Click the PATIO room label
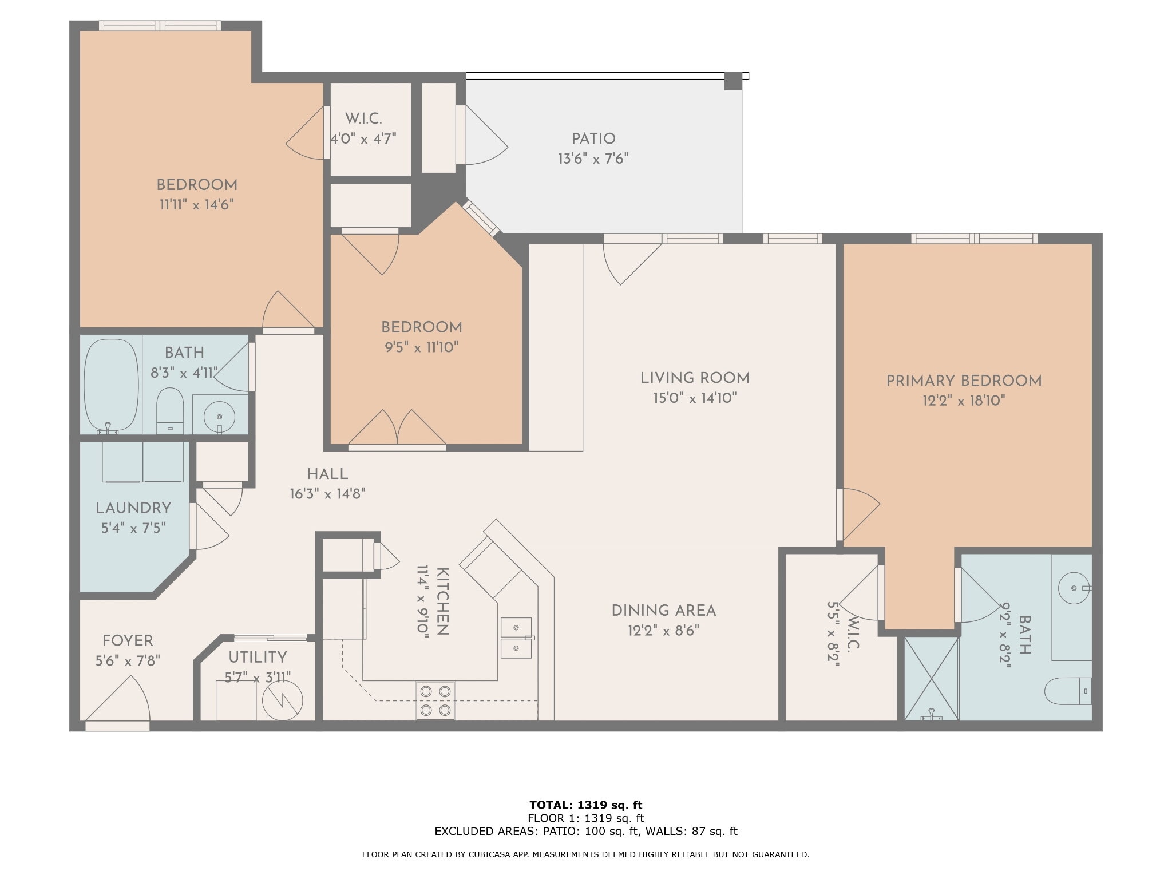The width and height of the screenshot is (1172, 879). point(593,139)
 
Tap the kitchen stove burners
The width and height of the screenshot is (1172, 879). point(435,700)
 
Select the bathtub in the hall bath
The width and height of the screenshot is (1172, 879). point(111,384)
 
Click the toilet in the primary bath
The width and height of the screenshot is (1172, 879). point(1068,691)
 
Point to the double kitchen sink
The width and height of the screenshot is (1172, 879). point(516,638)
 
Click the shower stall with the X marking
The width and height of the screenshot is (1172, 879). point(931,679)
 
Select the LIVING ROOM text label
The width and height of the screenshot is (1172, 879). point(695,378)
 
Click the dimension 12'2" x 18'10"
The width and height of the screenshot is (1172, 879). point(964,401)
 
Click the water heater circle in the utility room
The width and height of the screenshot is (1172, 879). point(282,699)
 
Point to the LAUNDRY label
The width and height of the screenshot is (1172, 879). point(133,508)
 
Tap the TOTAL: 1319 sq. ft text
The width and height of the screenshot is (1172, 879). point(585,805)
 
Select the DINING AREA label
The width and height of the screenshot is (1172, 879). point(664,611)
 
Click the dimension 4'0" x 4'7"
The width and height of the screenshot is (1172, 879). point(363,139)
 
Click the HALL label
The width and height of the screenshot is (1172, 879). point(327,474)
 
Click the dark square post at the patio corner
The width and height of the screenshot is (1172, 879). point(733,81)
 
